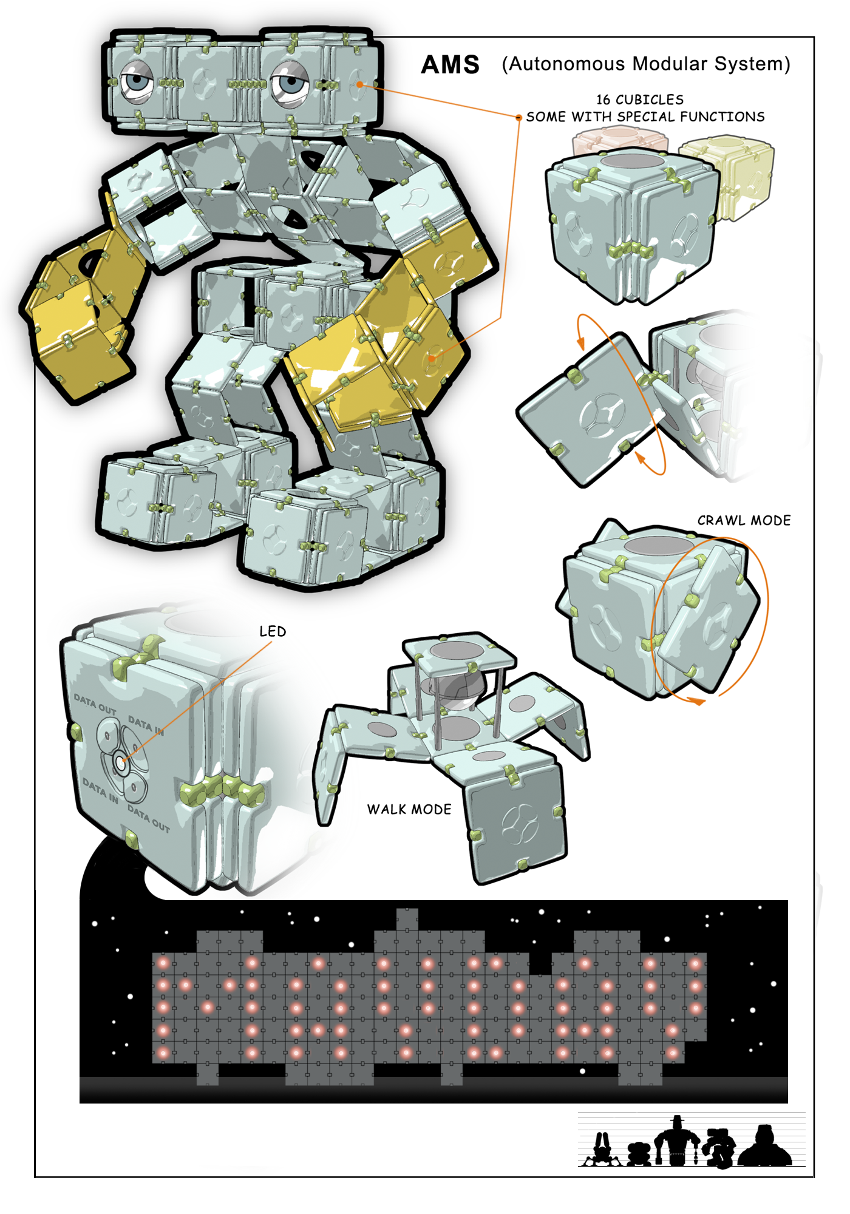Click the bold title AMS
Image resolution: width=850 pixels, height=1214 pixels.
point(450,64)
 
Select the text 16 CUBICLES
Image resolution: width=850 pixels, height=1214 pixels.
point(640,100)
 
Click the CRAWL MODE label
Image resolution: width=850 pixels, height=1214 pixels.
point(744,520)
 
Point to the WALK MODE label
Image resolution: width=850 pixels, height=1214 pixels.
point(409,809)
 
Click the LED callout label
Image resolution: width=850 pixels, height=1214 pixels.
point(273,631)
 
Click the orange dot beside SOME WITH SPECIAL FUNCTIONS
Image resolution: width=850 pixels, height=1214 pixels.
point(518,117)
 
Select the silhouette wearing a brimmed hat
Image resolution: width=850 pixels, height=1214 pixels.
point(678,1141)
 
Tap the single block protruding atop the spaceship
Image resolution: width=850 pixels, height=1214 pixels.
point(407,919)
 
